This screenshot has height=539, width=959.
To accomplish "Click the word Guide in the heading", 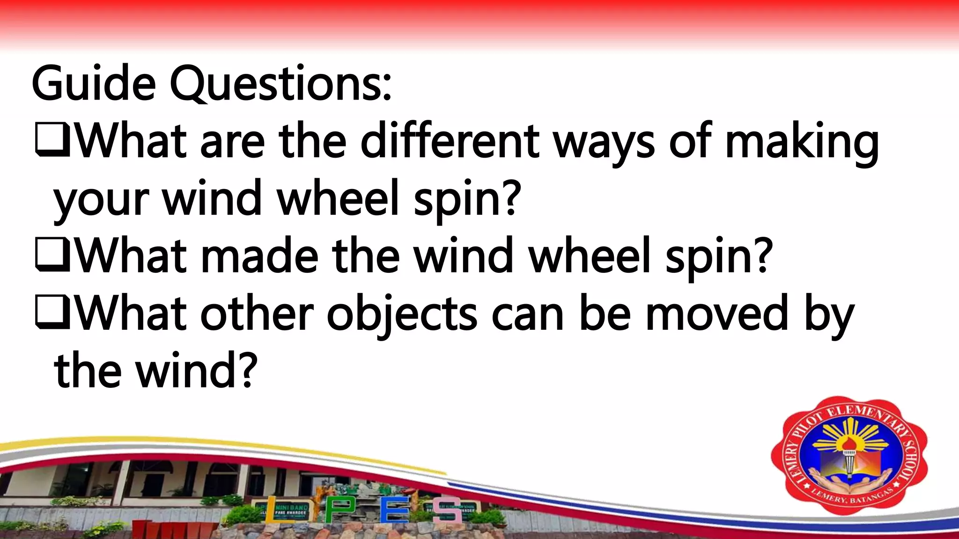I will click(x=94, y=84).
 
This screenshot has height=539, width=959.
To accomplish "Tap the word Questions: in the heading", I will click(x=280, y=85).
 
